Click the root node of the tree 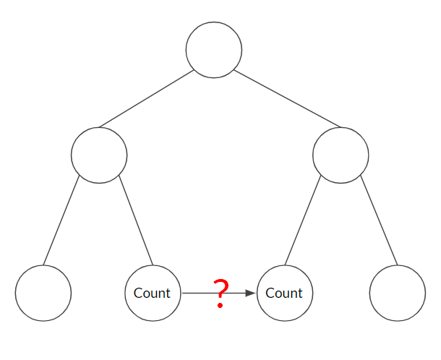click(x=214, y=50)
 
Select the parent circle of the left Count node click(x=99, y=155)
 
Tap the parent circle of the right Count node click(x=341, y=155)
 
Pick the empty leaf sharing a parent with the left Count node click(x=43, y=293)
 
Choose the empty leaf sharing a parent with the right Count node click(x=397, y=293)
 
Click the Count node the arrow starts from click(x=153, y=293)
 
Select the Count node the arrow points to click(x=284, y=293)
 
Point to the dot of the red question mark click(x=221, y=307)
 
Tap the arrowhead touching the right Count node click(x=251, y=293)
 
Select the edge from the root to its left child click(x=147, y=98)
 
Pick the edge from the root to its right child click(x=287, y=97)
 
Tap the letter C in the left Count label click(x=138, y=293)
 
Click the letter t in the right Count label click(x=300, y=293)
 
